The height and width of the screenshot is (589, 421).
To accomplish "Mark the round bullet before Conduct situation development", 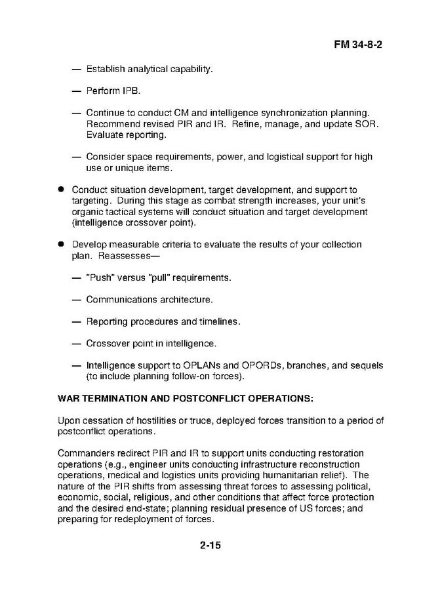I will (60, 190).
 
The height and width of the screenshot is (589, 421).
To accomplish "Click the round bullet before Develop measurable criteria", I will (60, 245).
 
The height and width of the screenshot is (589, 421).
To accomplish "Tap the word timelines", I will (220, 321).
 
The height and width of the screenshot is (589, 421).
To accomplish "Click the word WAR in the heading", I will (70, 398).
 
